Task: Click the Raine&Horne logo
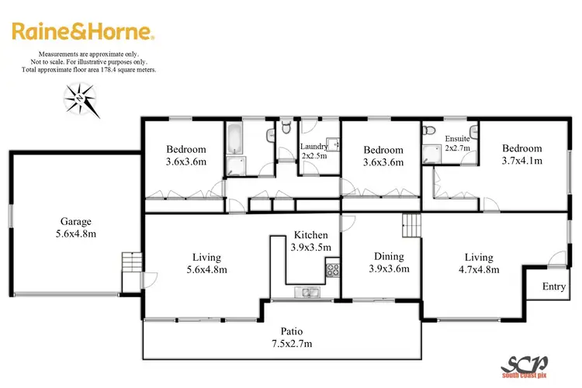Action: tap(83, 32)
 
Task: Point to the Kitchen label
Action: tap(310, 235)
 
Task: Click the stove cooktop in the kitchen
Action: tap(332, 271)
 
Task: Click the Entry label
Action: tap(553, 286)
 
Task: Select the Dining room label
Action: tap(389, 256)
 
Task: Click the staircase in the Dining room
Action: tap(411, 227)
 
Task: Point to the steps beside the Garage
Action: tap(132, 264)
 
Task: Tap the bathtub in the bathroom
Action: tap(234, 139)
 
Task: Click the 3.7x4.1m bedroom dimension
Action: tap(521, 161)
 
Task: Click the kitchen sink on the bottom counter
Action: tap(302, 293)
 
